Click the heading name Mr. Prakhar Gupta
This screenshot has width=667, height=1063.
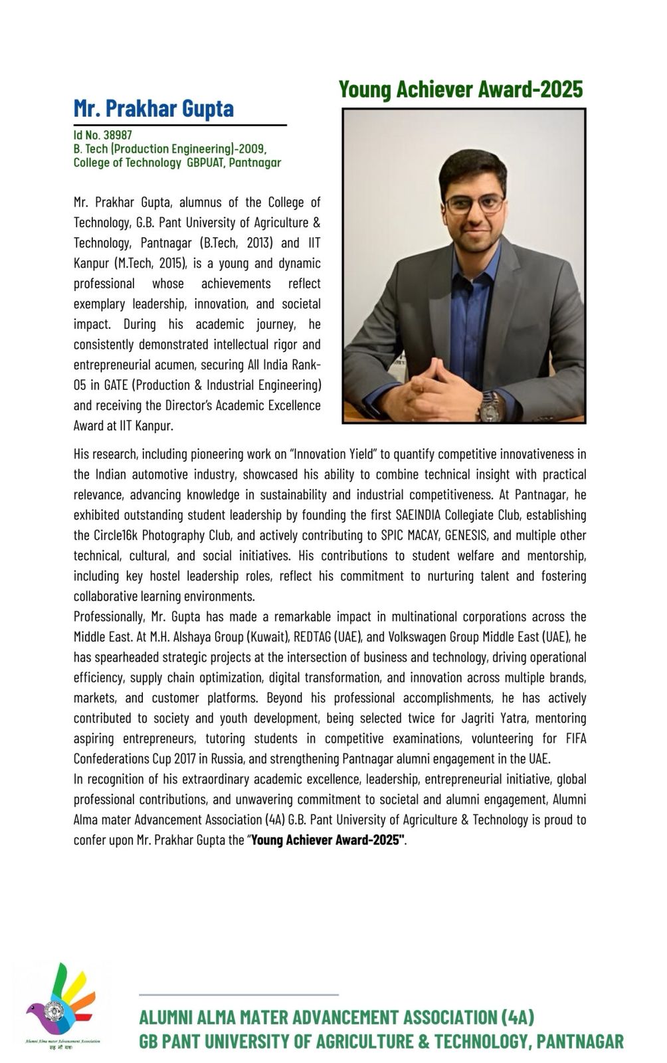[153, 108]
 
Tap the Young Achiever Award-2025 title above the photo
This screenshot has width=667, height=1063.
[460, 89]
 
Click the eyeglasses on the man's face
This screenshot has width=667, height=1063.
[474, 203]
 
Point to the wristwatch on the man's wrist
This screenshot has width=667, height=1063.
[490, 406]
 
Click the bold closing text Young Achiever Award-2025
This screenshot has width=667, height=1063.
[328, 840]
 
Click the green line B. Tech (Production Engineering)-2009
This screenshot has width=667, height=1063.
[170, 149]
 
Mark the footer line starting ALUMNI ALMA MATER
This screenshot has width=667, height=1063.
[336, 1017]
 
